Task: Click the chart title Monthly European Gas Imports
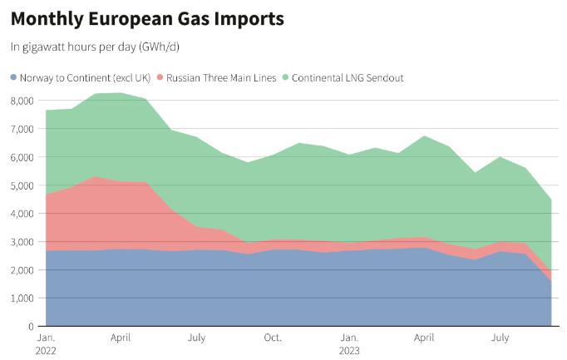click(x=146, y=18)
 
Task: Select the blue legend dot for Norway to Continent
click(x=13, y=78)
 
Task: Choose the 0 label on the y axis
click(x=31, y=327)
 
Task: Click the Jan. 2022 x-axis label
click(x=47, y=344)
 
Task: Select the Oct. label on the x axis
click(x=272, y=338)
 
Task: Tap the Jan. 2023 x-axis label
click(x=350, y=344)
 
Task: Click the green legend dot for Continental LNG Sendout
click(x=285, y=78)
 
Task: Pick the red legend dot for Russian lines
click(x=160, y=78)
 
